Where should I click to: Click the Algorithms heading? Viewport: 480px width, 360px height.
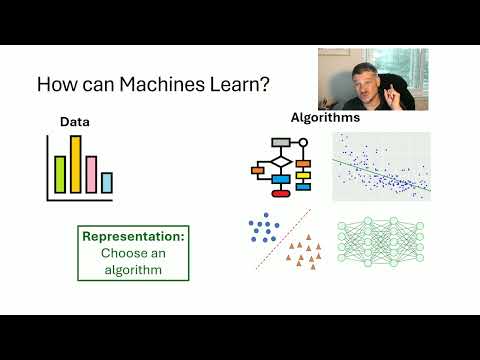[x=325, y=118]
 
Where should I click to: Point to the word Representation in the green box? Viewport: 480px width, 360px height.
[x=134, y=238]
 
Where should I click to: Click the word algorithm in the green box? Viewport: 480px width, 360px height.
[x=134, y=268]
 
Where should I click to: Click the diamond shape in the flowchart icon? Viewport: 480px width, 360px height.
[x=281, y=162]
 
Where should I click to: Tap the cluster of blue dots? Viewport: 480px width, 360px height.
[x=265, y=229]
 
